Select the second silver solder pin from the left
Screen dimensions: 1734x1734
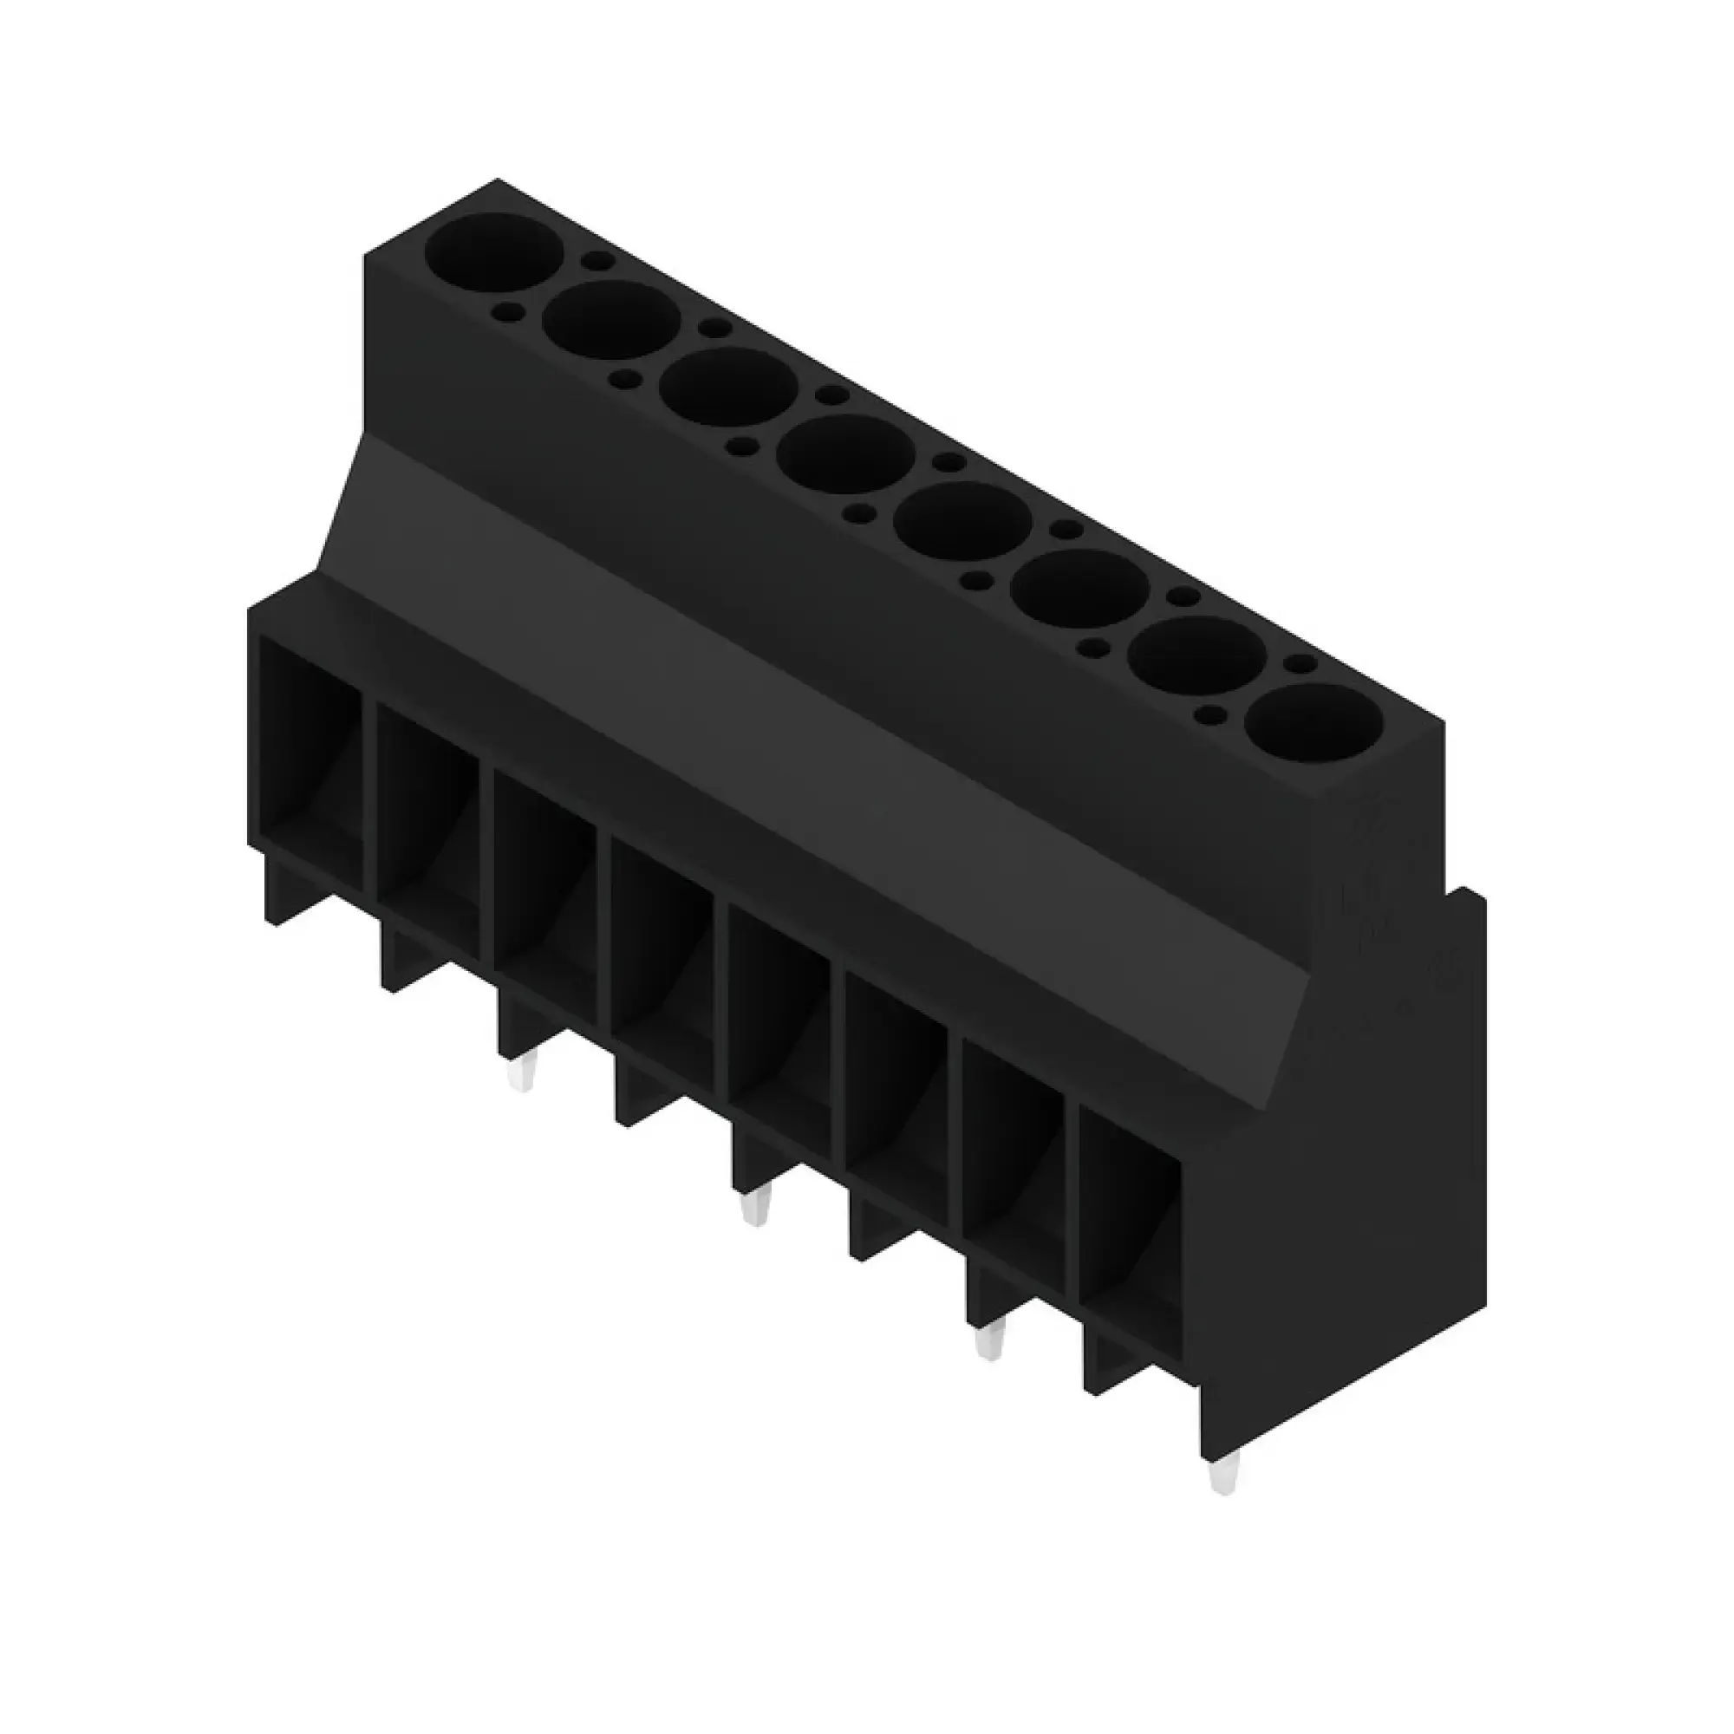click(x=752, y=1210)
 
